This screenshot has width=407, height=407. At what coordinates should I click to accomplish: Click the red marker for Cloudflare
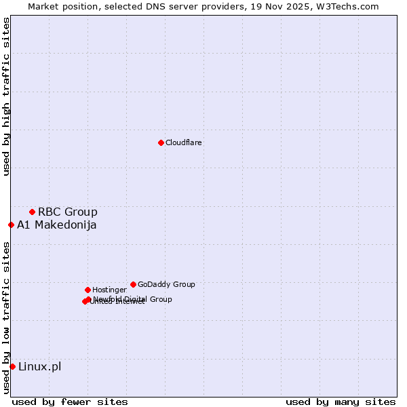(161, 142)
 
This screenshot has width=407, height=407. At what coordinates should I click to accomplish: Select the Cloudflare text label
(183, 142)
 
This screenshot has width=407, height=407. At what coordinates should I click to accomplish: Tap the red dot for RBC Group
(32, 212)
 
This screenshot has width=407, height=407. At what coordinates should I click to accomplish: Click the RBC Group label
(67, 212)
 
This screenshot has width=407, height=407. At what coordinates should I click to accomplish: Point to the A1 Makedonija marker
(11, 225)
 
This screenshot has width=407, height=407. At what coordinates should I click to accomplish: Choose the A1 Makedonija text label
(56, 225)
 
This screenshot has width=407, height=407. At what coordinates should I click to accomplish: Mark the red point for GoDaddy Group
(133, 284)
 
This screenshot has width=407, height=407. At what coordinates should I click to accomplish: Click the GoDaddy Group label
(166, 284)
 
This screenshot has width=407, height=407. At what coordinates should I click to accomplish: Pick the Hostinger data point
(88, 290)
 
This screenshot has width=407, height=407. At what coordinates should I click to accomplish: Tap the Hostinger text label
(109, 290)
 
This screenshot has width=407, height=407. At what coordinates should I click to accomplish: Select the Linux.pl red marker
(12, 367)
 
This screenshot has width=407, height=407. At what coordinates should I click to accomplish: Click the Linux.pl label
(39, 367)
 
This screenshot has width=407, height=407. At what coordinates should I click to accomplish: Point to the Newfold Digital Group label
(133, 298)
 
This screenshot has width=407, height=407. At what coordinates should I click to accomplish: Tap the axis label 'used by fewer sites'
(70, 402)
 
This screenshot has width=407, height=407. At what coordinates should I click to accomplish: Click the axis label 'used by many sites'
(341, 402)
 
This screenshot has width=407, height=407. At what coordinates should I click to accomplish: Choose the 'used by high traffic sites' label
(6, 96)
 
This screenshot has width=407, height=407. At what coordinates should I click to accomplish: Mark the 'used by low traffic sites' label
(6, 317)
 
